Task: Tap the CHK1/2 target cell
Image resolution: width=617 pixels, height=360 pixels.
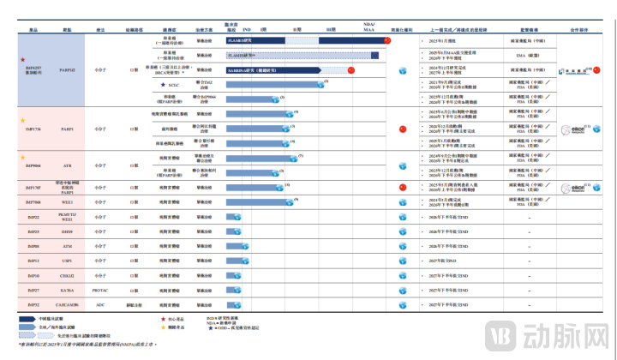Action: [67, 276]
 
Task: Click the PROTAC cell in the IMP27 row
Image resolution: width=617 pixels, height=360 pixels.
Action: [100, 291]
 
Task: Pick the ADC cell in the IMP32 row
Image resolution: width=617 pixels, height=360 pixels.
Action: [100, 305]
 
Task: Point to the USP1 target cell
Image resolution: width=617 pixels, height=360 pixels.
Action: [67, 261]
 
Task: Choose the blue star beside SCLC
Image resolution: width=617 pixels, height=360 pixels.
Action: [163, 85]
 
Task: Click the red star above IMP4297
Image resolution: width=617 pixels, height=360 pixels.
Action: [22, 60]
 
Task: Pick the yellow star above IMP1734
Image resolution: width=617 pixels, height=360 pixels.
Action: [23, 121]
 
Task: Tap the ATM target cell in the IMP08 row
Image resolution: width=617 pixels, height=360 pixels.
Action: [67, 246]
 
